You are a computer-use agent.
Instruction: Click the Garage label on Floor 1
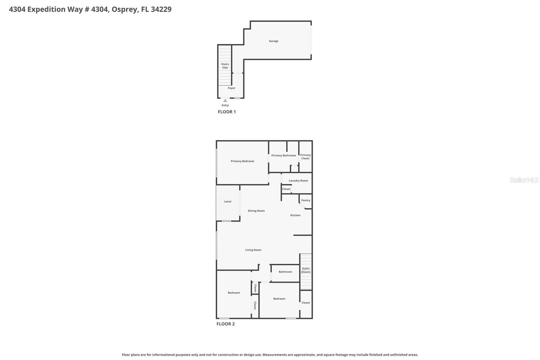coord(273,41)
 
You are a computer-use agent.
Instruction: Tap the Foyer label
coord(231,88)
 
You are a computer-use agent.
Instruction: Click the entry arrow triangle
coord(225,101)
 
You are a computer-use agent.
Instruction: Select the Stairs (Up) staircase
coord(225,66)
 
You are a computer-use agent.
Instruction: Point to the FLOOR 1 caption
coord(227,112)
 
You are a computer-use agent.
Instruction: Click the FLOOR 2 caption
coord(225,324)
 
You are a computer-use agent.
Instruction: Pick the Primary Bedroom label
coord(242,161)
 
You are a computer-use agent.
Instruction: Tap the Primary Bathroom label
coord(283,155)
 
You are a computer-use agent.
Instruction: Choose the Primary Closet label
coord(305,157)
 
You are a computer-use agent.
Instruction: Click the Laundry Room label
coord(298,181)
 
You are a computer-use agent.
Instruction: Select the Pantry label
coord(306,200)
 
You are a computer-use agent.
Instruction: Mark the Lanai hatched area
coord(228,203)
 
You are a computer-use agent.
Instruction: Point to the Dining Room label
coord(256,211)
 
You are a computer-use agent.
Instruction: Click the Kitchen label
coord(295,215)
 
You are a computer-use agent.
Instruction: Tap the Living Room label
coord(253,250)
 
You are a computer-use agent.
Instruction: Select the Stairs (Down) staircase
coord(306,270)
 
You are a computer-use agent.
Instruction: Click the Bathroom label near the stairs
coord(285,272)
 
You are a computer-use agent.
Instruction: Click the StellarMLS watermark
coord(524,180)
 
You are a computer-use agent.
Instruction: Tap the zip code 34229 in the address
coord(161,9)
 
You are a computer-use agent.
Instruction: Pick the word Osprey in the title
coord(125,9)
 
